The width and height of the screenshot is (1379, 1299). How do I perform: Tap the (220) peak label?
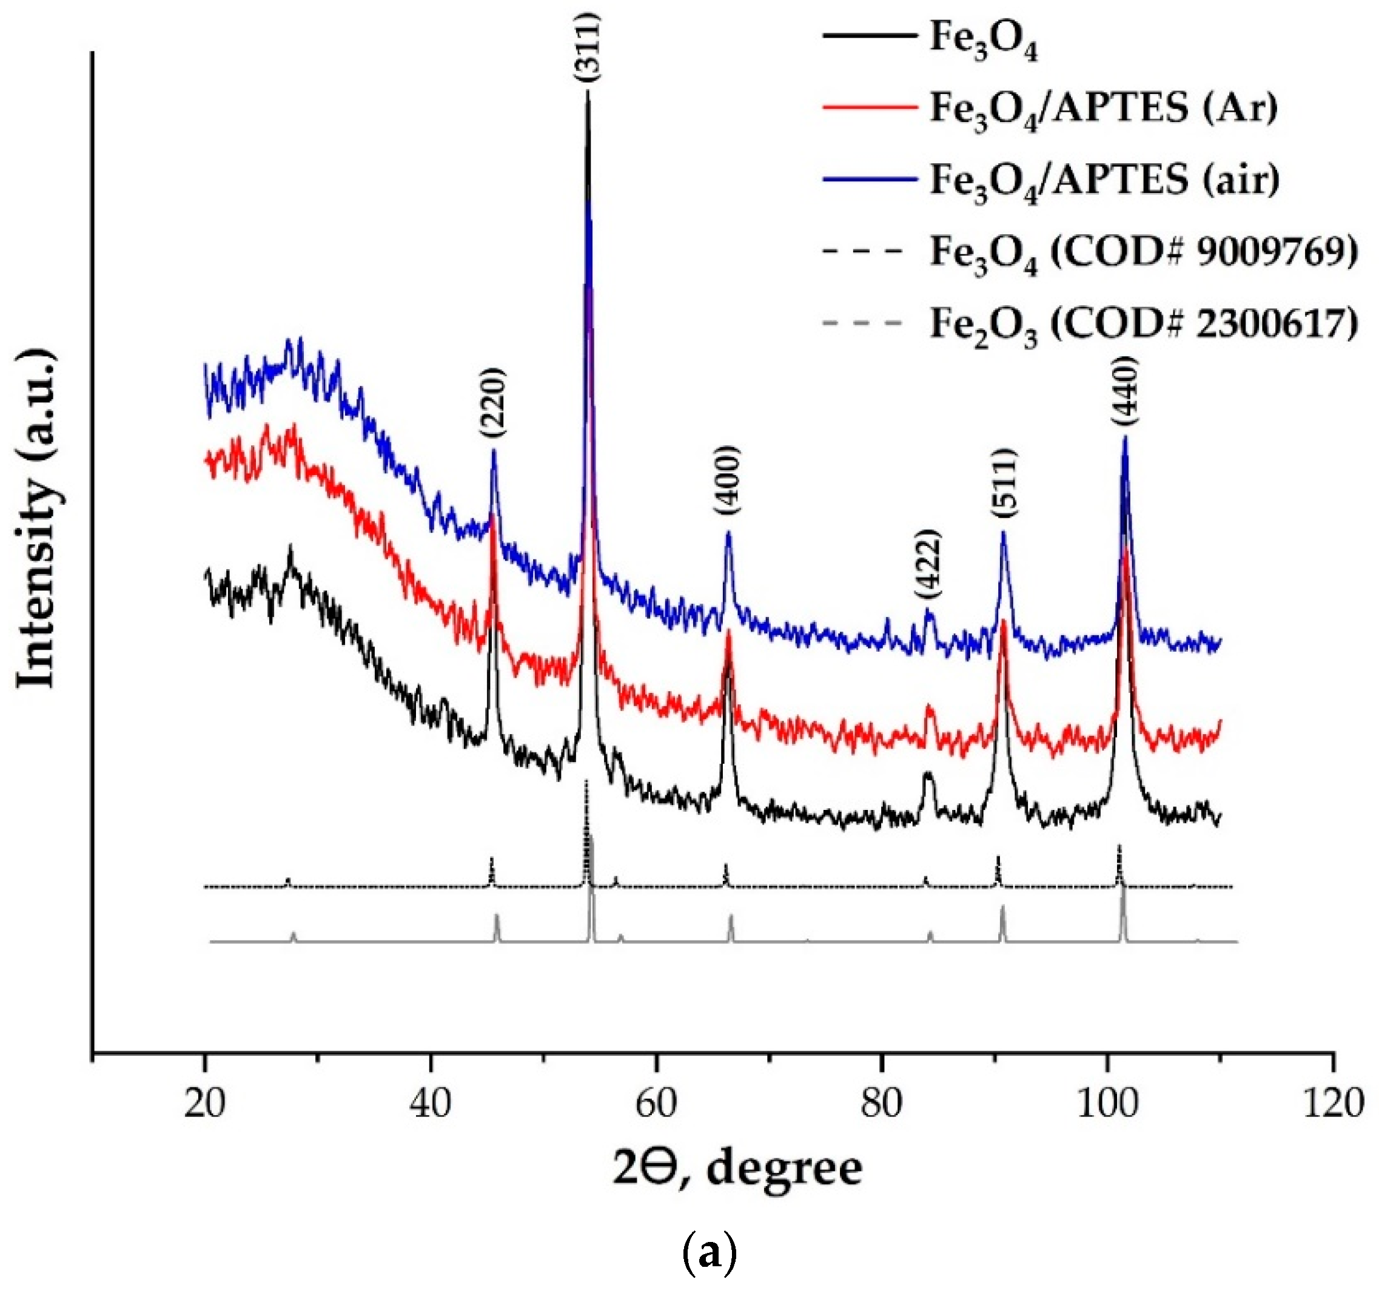coord(493,402)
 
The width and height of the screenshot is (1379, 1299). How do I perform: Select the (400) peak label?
coord(728,479)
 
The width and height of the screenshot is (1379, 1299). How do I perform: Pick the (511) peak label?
coord(1004,483)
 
